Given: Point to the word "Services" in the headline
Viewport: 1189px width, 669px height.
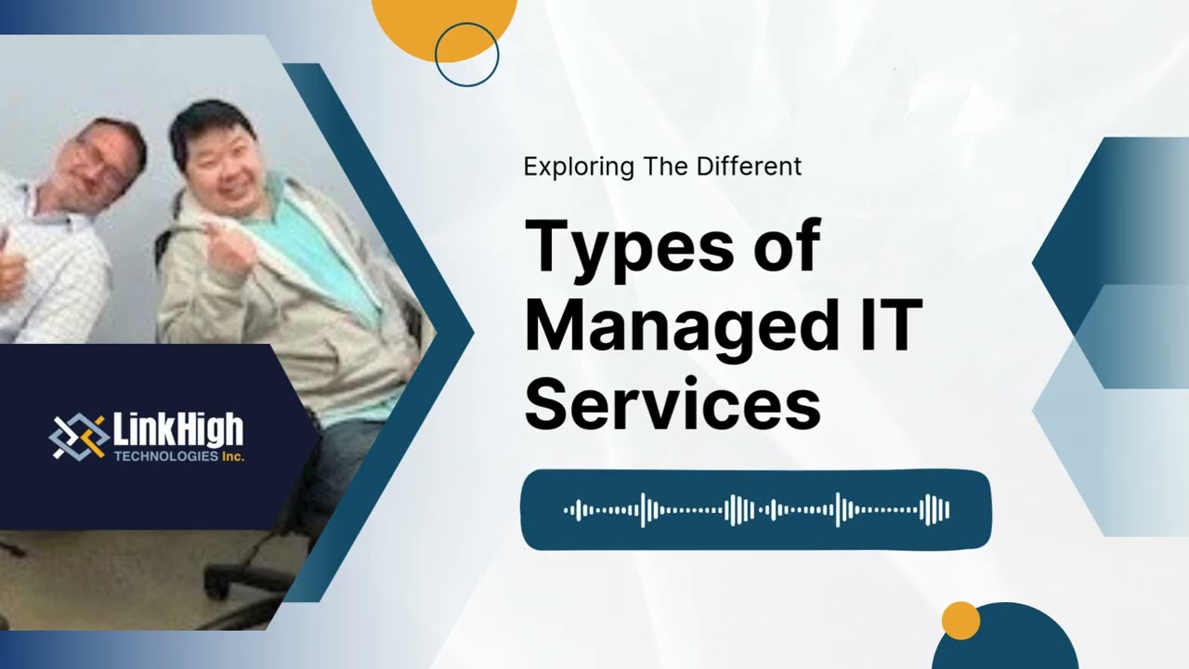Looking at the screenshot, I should [x=673, y=405].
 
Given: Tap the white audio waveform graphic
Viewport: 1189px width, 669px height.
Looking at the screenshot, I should [x=756, y=510].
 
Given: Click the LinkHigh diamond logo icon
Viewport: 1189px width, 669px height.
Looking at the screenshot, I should [x=78, y=436].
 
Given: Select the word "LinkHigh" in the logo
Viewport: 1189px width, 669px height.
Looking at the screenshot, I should [x=177, y=430].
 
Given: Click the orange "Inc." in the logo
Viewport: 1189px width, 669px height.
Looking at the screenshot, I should [x=232, y=457].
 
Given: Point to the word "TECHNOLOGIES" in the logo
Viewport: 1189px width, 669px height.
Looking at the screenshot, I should [x=165, y=457].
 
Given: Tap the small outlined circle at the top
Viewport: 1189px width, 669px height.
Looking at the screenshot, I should [x=466, y=55].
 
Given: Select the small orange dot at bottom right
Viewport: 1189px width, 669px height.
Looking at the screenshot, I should [x=960, y=621].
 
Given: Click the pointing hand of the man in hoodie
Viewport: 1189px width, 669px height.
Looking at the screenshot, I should [x=225, y=243].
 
